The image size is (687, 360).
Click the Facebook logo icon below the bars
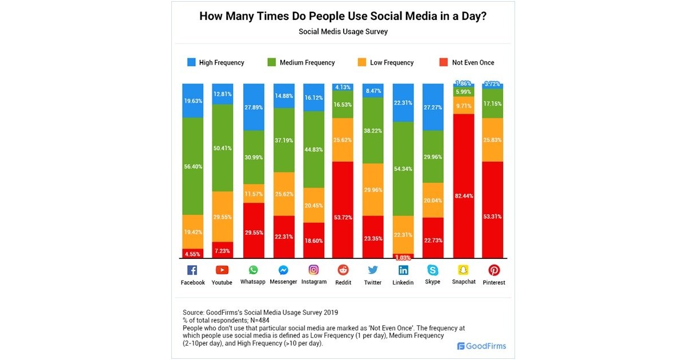click(x=192, y=270)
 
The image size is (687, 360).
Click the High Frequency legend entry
click(x=215, y=62)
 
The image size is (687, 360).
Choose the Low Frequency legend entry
click(x=386, y=62)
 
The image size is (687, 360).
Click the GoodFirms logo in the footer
click(x=481, y=346)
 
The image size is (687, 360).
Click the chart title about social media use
click(x=343, y=16)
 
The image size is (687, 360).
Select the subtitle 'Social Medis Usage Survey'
click(x=343, y=32)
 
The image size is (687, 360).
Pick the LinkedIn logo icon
click(x=403, y=270)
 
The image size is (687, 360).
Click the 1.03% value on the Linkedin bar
click(x=403, y=258)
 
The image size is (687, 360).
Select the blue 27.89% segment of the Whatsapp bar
click(x=253, y=107)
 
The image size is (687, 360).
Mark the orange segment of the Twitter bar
click(x=373, y=190)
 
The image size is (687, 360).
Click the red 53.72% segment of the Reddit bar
click(x=343, y=210)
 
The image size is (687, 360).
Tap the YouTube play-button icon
click(x=222, y=270)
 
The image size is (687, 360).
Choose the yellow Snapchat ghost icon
click(x=464, y=270)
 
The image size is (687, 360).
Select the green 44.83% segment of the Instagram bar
click(x=314, y=149)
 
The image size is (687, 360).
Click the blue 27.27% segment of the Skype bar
click(x=433, y=107)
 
